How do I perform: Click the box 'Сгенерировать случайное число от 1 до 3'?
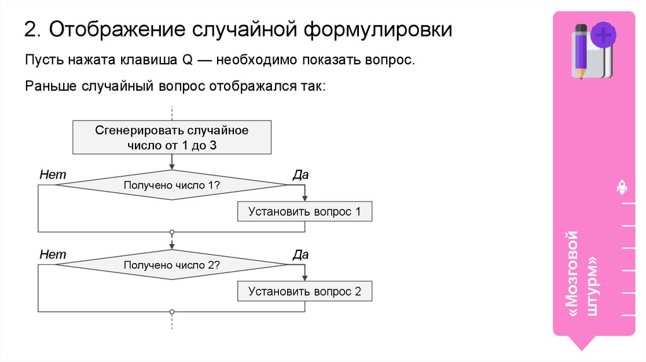point(172,137)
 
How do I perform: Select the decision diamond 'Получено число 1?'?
point(172,185)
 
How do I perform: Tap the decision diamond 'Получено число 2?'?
point(172,266)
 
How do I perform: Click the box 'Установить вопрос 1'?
point(305,212)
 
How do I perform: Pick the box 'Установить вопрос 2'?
point(305,291)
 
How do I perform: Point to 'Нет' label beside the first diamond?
point(52,175)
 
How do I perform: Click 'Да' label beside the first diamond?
point(300,175)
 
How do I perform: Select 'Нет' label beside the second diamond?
point(52,255)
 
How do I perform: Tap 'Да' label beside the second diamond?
point(300,255)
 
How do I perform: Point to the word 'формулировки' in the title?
point(379,30)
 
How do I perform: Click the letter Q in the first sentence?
point(187,61)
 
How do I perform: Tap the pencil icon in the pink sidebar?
point(581,50)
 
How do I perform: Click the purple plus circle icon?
point(604,35)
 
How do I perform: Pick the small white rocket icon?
point(621,187)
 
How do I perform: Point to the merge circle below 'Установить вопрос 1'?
point(172,232)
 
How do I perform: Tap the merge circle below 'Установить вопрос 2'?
point(172,312)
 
